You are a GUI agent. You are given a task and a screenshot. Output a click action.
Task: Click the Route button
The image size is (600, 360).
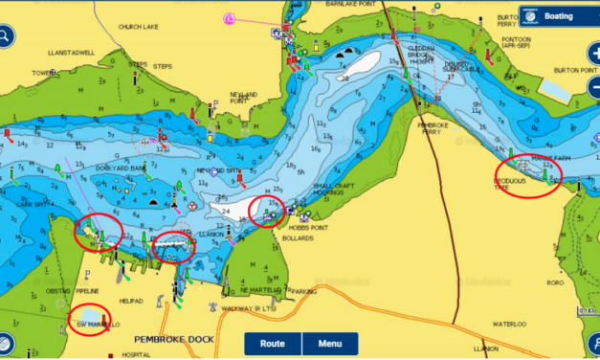click(x=273, y=344)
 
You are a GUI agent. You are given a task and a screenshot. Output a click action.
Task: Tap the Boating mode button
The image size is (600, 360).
click(x=558, y=15)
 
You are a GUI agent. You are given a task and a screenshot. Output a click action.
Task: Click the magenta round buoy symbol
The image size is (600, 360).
click(x=229, y=18)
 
